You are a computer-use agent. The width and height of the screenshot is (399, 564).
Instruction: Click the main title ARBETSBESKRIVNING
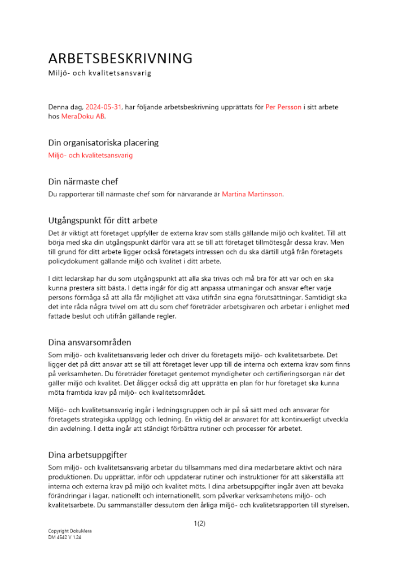(x=120, y=58)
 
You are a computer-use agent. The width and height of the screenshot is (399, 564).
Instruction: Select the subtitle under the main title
(x=99, y=73)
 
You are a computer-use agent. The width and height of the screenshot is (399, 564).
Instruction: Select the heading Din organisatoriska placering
(x=103, y=143)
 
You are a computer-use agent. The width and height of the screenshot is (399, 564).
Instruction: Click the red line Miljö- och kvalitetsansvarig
(x=90, y=155)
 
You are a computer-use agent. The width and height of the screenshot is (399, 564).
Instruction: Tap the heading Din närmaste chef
(x=83, y=182)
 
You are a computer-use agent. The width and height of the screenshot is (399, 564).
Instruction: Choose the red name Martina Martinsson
(x=252, y=195)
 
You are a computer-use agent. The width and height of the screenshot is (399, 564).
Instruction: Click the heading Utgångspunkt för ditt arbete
(x=103, y=220)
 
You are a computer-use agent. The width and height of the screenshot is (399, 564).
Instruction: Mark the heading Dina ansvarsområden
(x=89, y=342)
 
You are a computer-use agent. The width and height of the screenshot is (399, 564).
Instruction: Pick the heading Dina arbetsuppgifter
(x=87, y=455)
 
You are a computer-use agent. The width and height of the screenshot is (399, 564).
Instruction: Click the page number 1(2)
(x=199, y=523)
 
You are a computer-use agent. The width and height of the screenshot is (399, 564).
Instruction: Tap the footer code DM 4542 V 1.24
(x=65, y=538)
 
